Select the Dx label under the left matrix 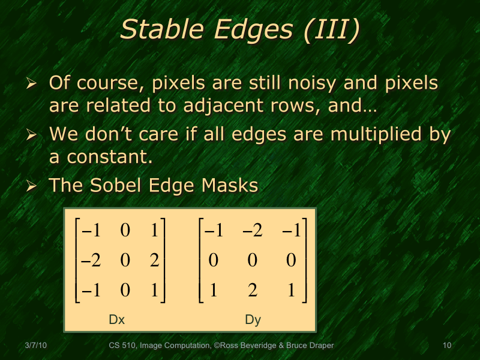pyautogui.click(x=116, y=320)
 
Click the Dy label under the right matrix pyautogui.click(x=253, y=320)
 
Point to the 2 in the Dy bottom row pyautogui.click(x=253, y=291)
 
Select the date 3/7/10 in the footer pyautogui.click(x=37, y=346)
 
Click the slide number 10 pyautogui.click(x=446, y=346)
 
